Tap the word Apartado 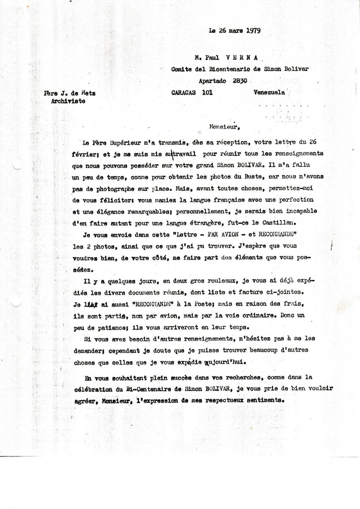click(x=212, y=81)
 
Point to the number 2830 click(x=240, y=81)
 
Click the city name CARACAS click(x=184, y=92)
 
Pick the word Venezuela click(x=269, y=92)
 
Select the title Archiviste click(x=68, y=101)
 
